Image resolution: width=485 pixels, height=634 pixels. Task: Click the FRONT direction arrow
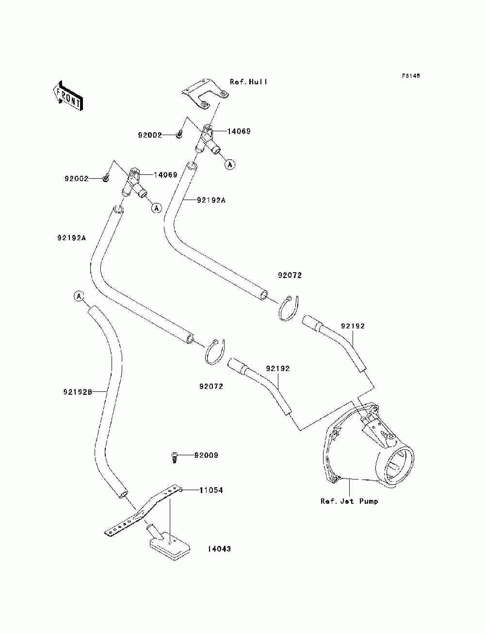[68, 96]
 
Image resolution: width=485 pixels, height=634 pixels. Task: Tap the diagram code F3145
[411, 76]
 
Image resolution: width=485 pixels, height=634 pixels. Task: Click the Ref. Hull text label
[248, 82]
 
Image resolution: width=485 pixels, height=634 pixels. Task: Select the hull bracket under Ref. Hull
[205, 94]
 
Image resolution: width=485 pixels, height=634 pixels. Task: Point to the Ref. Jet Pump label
[349, 501]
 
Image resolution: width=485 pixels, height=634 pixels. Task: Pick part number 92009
[206, 455]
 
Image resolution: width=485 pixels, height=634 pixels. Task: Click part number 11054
[211, 491]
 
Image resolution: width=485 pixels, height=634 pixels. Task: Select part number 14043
[220, 549]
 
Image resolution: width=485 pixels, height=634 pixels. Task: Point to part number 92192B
[78, 392]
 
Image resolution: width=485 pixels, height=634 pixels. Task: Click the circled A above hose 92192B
[79, 296]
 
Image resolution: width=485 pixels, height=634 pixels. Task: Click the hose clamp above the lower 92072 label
[214, 352]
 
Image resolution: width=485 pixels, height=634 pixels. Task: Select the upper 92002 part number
[150, 135]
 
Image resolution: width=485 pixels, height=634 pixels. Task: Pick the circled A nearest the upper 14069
[230, 165]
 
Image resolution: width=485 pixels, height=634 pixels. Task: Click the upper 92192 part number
[353, 326]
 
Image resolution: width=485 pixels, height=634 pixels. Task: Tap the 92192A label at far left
[72, 238]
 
